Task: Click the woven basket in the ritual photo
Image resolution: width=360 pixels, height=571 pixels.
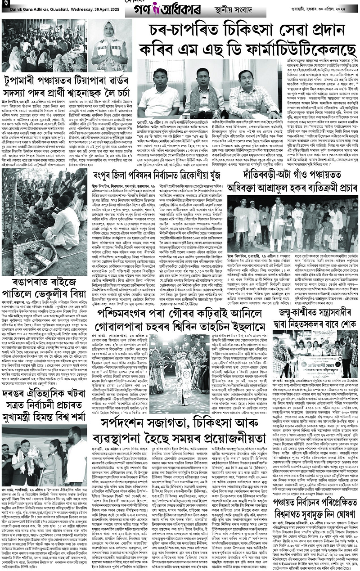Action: click(x=27, y=256)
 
